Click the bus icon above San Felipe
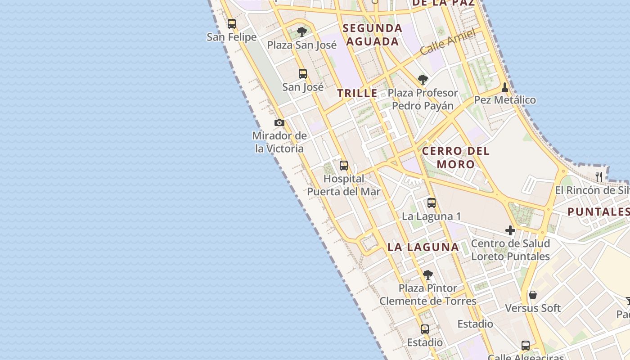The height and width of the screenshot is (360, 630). pos(232,24)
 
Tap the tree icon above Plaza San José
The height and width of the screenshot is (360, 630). pos(302,32)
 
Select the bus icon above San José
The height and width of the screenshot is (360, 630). pos(303,73)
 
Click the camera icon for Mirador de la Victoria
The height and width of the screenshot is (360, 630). pos(279,122)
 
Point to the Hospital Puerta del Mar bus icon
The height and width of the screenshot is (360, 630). pos(344,165)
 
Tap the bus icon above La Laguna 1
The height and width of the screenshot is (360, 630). pos(432,202)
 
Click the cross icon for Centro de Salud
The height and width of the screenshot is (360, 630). pos(510,230)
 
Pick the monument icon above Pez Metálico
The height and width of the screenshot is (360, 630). pos(505,87)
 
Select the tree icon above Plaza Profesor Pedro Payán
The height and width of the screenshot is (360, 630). pos(423,80)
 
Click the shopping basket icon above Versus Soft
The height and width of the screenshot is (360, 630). pos(533,295)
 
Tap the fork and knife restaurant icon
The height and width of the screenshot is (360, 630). pos(598,176)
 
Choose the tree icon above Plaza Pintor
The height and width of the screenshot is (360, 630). pos(428,274)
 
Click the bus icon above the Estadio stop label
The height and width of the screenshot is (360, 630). pos(425,329)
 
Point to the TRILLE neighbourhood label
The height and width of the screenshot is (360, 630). pos(358,93)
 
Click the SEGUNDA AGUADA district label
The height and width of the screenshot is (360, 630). pos(373,35)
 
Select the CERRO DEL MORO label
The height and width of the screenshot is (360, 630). pos(455,157)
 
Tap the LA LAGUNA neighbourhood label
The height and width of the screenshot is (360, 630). pos(423,247)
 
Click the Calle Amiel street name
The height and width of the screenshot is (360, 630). pos(448,42)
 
